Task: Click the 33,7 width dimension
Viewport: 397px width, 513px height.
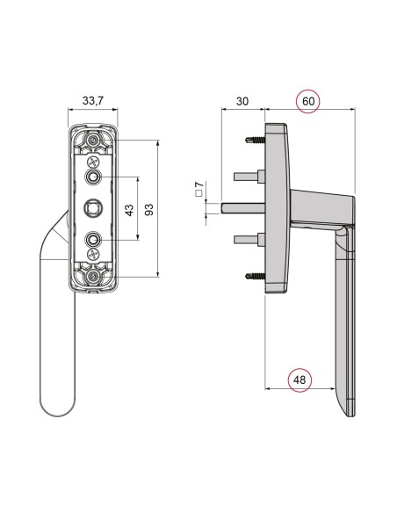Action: tap(92, 102)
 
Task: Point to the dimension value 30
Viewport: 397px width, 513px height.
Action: tap(243, 102)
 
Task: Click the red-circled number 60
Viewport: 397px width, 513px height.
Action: tap(308, 101)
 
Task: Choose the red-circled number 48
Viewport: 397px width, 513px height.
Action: tap(300, 379)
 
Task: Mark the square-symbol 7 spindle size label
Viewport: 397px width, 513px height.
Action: tap(199, 188)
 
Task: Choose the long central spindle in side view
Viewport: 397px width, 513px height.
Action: tap(242, 208)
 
